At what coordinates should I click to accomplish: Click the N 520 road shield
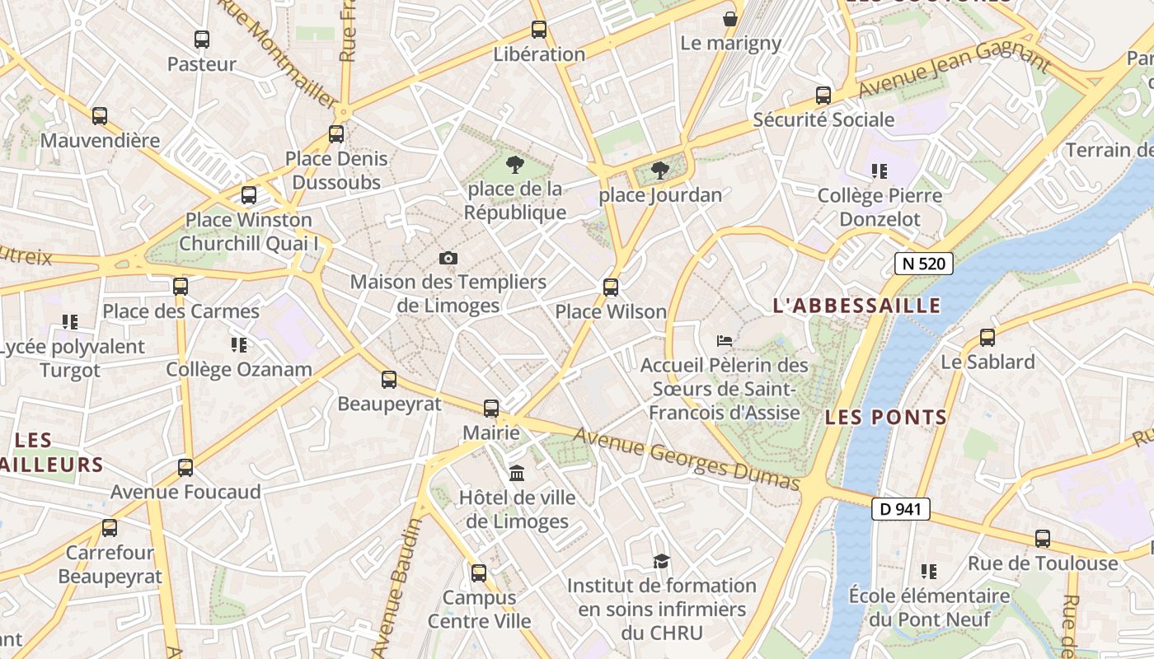(x=923, y=264)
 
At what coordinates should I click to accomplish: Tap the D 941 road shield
(x=900, y=509)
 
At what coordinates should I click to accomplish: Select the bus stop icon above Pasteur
(x=202, y=39)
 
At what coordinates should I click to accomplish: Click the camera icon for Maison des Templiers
(x=448, y=259)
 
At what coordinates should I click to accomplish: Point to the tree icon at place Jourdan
(x=659, y=171)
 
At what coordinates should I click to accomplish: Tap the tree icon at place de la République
(x=515, y=164)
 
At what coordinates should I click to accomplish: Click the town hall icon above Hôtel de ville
(x=517, y=473)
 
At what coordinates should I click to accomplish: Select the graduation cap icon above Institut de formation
(x=661, y=561)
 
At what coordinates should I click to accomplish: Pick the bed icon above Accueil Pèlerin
(x=725, y=339)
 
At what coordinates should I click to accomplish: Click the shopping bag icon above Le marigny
(x=730, y=18)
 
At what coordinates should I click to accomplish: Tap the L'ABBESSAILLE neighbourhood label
(x=856, y=306)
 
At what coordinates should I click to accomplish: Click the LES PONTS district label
(x=886, y=417)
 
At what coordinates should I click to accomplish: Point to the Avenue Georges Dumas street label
(x=686, y=458)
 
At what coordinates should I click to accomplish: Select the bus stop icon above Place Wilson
(x=610, y=287)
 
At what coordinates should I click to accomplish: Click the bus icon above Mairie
(x=491, y=408)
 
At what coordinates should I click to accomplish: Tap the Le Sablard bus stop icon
(x=987, y=337)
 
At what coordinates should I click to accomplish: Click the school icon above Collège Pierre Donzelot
(x=880, y=171)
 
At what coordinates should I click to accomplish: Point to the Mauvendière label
(x=100, y=140)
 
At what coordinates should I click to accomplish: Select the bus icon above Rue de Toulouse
(x=1043, y=539)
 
